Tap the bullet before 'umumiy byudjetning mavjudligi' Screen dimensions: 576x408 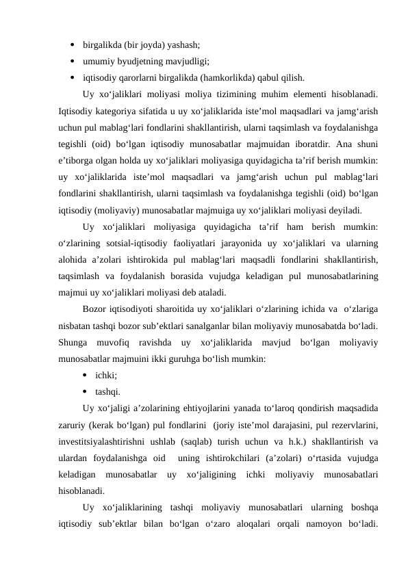point(73,62)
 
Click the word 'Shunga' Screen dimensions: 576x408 point(73,340)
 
